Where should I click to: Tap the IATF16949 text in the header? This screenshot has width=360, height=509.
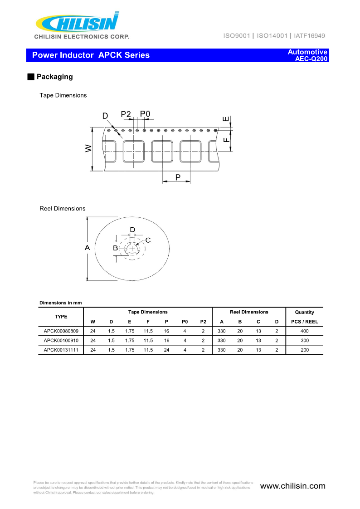(x=309, y=35)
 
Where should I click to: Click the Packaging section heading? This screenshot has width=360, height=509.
(x=54, y=77)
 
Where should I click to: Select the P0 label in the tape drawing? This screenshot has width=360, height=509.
(x=145, y=114)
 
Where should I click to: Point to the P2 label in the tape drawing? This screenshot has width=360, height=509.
(x=126, y=114)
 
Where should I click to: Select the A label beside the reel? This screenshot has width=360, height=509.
(x=87, y=248)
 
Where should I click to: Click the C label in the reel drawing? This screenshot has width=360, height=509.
(x=148, y=240)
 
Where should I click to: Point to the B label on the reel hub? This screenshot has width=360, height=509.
(x=115, y=248)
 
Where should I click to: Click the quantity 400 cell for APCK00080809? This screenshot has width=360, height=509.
(x=305, y=331)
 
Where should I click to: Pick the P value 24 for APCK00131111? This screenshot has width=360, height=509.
(x=166, y=350)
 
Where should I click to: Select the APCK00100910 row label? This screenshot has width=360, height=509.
(x=61, y=340)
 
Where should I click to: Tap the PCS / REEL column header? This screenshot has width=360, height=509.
(x=305, y=322)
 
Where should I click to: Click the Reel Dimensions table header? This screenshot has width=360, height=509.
(x=249, y=312)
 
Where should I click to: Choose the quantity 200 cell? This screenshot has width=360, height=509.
(x=305, y=350)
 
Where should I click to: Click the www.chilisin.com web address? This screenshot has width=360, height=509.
(x=293, y=486)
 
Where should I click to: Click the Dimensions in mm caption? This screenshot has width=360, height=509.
(x=61, y=303)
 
